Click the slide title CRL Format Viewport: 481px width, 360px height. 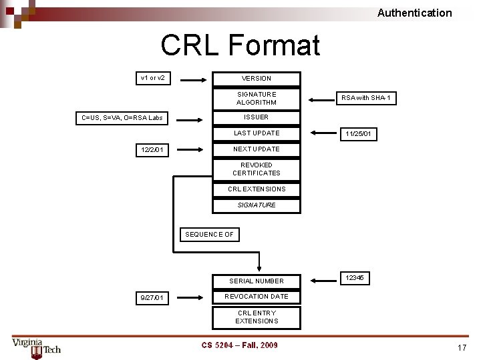pos(240,45)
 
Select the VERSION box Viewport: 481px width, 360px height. pos(257,79)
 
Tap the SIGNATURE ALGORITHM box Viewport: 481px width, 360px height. pos(257,99)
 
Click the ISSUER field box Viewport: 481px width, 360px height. pos(257,117)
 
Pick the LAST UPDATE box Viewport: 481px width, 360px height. pos(257,133)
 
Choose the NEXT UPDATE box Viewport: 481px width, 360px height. pos(257,149)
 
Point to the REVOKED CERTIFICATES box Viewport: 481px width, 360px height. pos(257,169)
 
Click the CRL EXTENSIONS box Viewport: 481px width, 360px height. pos(257,189)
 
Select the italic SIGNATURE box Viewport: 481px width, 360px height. pos(257,205)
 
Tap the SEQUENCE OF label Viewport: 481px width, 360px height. pos(209,235)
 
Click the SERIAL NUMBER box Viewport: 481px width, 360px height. pos(257,281)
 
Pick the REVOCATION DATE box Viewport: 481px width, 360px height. pos(257,297)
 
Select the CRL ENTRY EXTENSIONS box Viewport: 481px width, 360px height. pos(257,317)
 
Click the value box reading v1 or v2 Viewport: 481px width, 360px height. pos(153,79)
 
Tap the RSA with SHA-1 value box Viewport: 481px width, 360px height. pos(366,99)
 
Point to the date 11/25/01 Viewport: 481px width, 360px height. pos(359,135)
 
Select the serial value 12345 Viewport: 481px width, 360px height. pos(355,277)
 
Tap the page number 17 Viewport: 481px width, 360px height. pos(461,347)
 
